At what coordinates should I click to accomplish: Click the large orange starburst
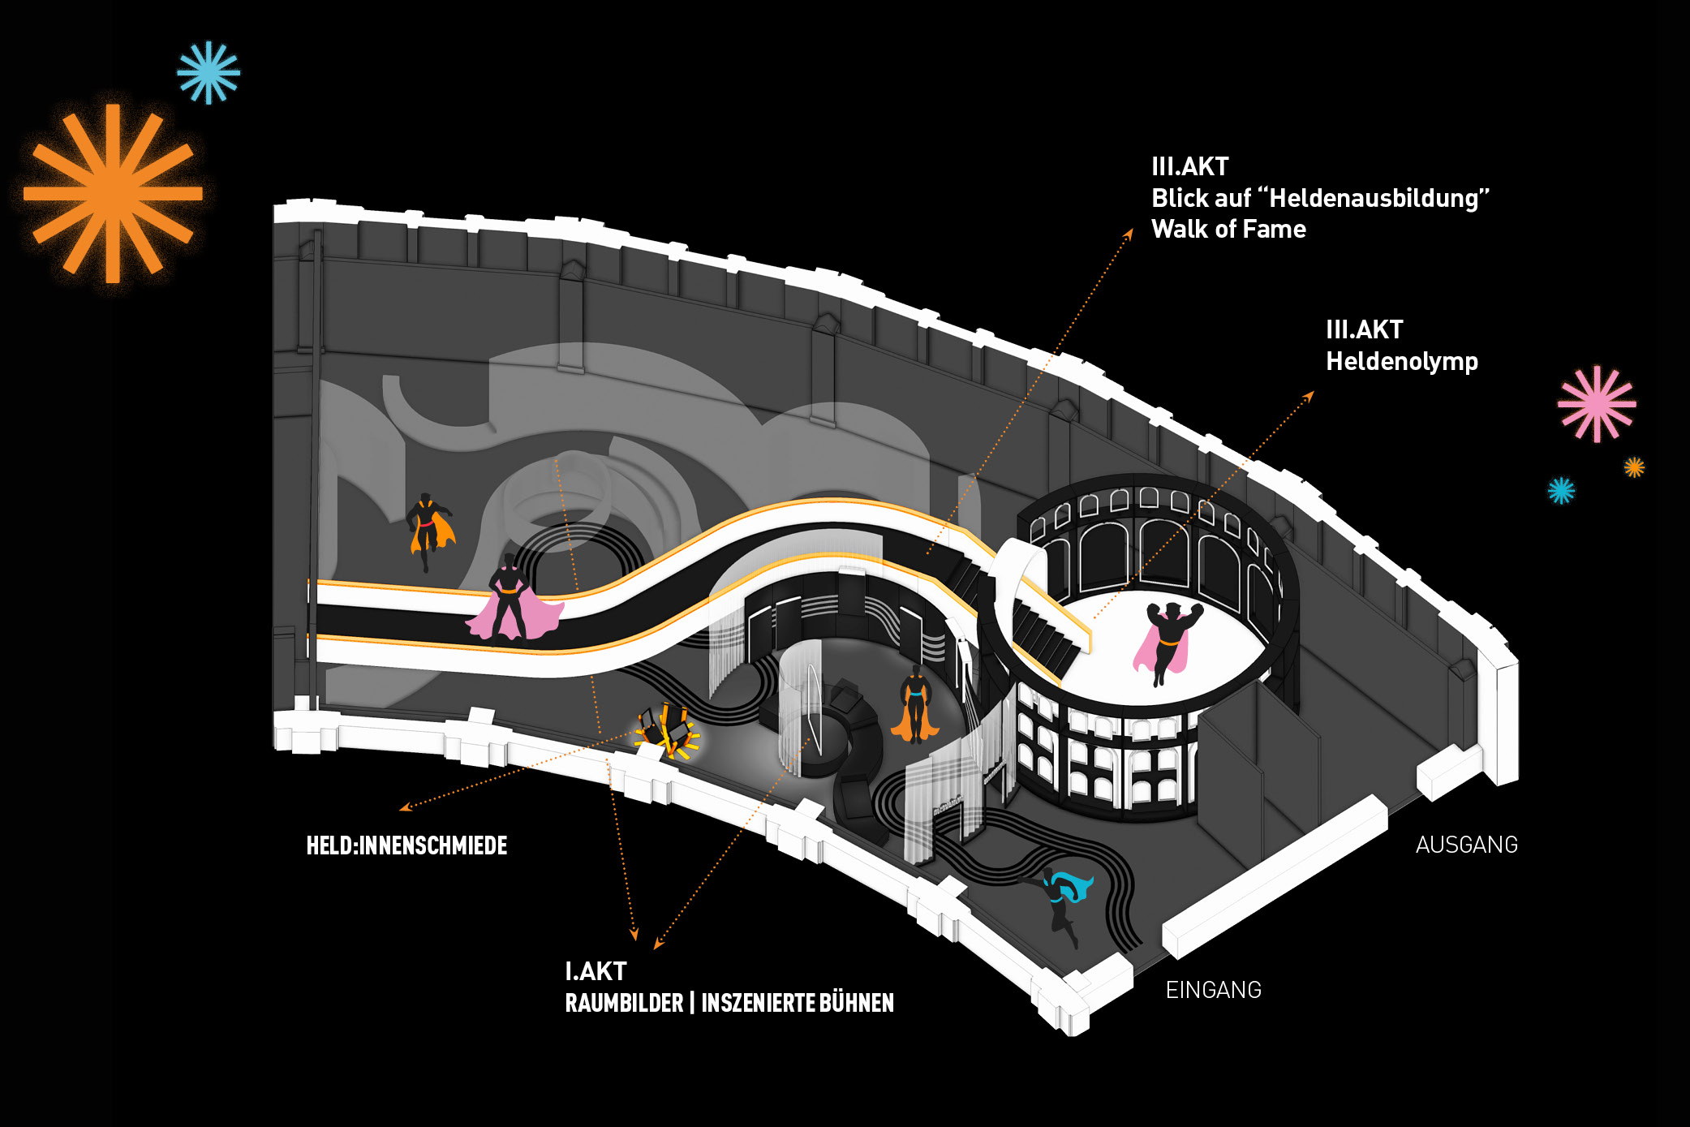point(113,193)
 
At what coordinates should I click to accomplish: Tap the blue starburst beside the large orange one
point(209,73)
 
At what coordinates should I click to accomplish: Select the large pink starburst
point(1596,404)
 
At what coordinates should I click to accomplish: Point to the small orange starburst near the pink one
point(1634,467)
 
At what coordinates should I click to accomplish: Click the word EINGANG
point(1213,990)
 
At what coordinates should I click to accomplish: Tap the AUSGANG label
point(1466,845)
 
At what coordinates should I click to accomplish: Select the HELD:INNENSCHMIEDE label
point(406,845)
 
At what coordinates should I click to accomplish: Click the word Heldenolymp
point(1401,361)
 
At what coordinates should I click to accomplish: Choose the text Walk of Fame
point(1228,229)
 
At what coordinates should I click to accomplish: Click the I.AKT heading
point(596,971)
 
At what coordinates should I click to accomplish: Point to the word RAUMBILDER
point(624,1003)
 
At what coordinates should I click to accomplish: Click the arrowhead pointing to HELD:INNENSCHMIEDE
point(403,807)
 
